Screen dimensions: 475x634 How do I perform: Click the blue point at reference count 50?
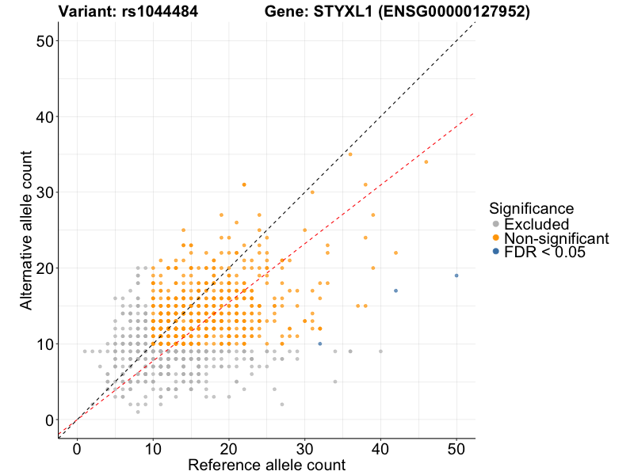click(456, 275)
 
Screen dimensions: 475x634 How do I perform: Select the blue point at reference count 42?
click(395, 291)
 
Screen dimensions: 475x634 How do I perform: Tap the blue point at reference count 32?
click(319, 344)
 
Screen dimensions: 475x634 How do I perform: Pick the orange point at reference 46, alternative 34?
click(426, 161)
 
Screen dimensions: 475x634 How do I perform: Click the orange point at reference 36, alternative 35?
click(350, 154)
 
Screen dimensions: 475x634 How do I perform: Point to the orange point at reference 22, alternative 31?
click(243, 184)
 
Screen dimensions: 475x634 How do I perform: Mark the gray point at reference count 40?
click(380, 351)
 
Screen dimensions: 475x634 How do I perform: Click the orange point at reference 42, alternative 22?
click(395, 253)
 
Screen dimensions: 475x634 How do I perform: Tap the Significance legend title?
click(531, 208)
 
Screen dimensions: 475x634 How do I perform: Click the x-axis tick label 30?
click(304, 449)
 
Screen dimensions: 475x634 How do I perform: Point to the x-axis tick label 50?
click(456, 449)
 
